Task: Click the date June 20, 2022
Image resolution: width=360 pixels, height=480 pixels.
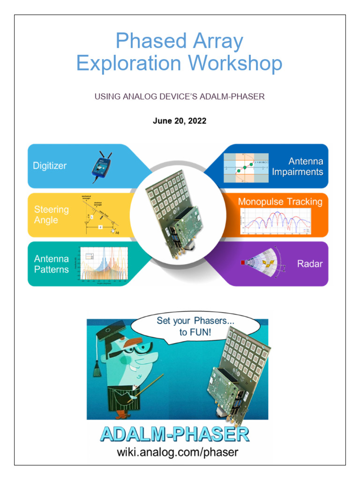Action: pos(180,121)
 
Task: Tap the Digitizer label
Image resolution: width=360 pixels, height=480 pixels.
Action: pos(50,165)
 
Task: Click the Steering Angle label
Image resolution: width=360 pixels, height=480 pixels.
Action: pos(51,214)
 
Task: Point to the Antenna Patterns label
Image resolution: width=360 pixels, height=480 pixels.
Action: pos(51,264)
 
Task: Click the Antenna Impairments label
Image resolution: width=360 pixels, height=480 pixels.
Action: pos(298,166)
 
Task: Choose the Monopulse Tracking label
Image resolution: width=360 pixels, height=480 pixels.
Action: pos(280,202)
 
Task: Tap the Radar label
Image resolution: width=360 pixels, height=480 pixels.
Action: pos(310,264)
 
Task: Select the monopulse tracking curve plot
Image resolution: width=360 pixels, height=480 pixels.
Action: pos(275,221)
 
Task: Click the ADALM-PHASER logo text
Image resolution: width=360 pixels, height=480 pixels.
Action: pos(174,434)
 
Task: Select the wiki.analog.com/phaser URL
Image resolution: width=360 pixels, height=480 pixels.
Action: pos(177,452)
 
